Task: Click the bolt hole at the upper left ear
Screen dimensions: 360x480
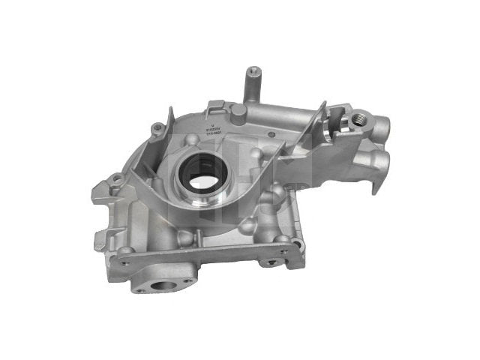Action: pyautogui.click(x=156, y=128)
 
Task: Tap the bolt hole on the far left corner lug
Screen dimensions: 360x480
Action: pyautogui.click(x=116, y=178)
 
